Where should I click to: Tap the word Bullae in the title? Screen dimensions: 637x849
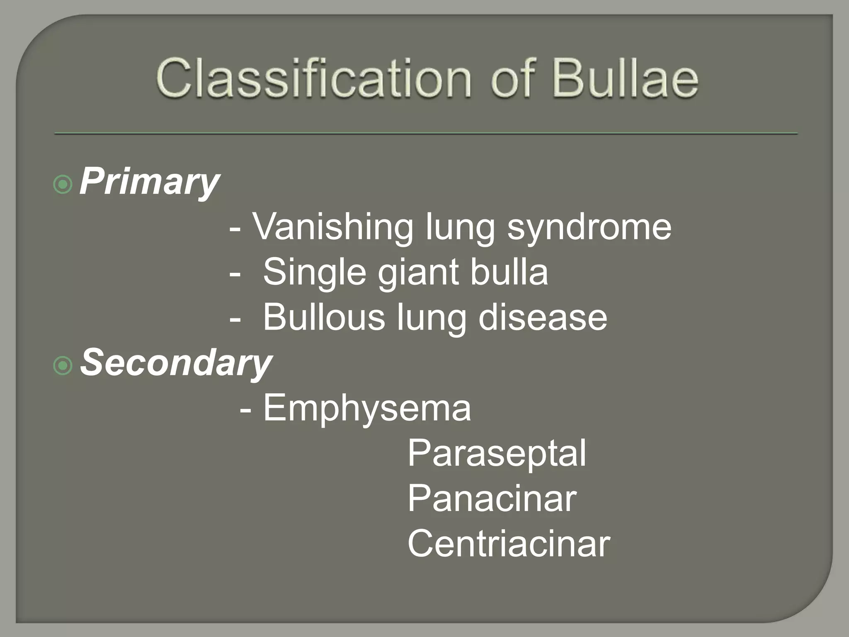626,79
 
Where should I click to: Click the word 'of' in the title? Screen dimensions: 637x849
512,79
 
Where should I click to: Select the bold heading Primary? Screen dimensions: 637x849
149,182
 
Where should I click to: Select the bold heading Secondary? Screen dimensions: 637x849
176,363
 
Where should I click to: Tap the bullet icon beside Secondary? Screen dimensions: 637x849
63,365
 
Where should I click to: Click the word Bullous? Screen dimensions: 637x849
324,318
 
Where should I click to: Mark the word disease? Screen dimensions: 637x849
543,318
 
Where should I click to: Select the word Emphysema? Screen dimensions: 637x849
367,409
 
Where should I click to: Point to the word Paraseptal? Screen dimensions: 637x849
497,454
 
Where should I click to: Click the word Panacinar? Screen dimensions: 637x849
492,498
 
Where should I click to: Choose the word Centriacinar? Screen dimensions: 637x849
509,544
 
